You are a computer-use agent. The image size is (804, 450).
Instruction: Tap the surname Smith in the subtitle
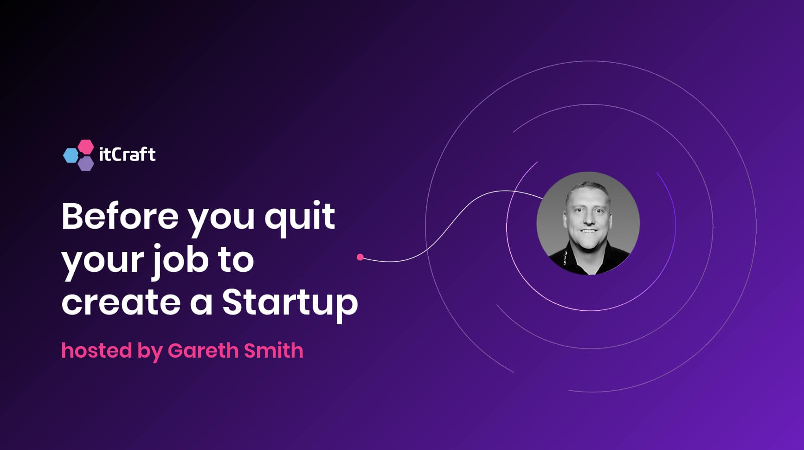tap(274, 350)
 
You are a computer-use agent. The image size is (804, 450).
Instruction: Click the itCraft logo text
tap(127, 154)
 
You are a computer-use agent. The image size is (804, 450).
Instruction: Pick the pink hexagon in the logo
tap(85, 147)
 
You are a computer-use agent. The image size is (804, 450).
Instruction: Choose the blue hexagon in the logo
tap(71, 155)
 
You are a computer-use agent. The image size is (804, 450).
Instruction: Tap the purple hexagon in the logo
tap(86, 164)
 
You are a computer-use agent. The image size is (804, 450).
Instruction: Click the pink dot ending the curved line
tap(360, 257)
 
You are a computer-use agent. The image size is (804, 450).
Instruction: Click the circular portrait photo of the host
tap(588, 223)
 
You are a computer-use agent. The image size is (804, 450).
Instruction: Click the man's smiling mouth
tap(588, 231)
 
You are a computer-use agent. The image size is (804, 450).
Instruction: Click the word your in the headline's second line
tap(103, 262)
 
